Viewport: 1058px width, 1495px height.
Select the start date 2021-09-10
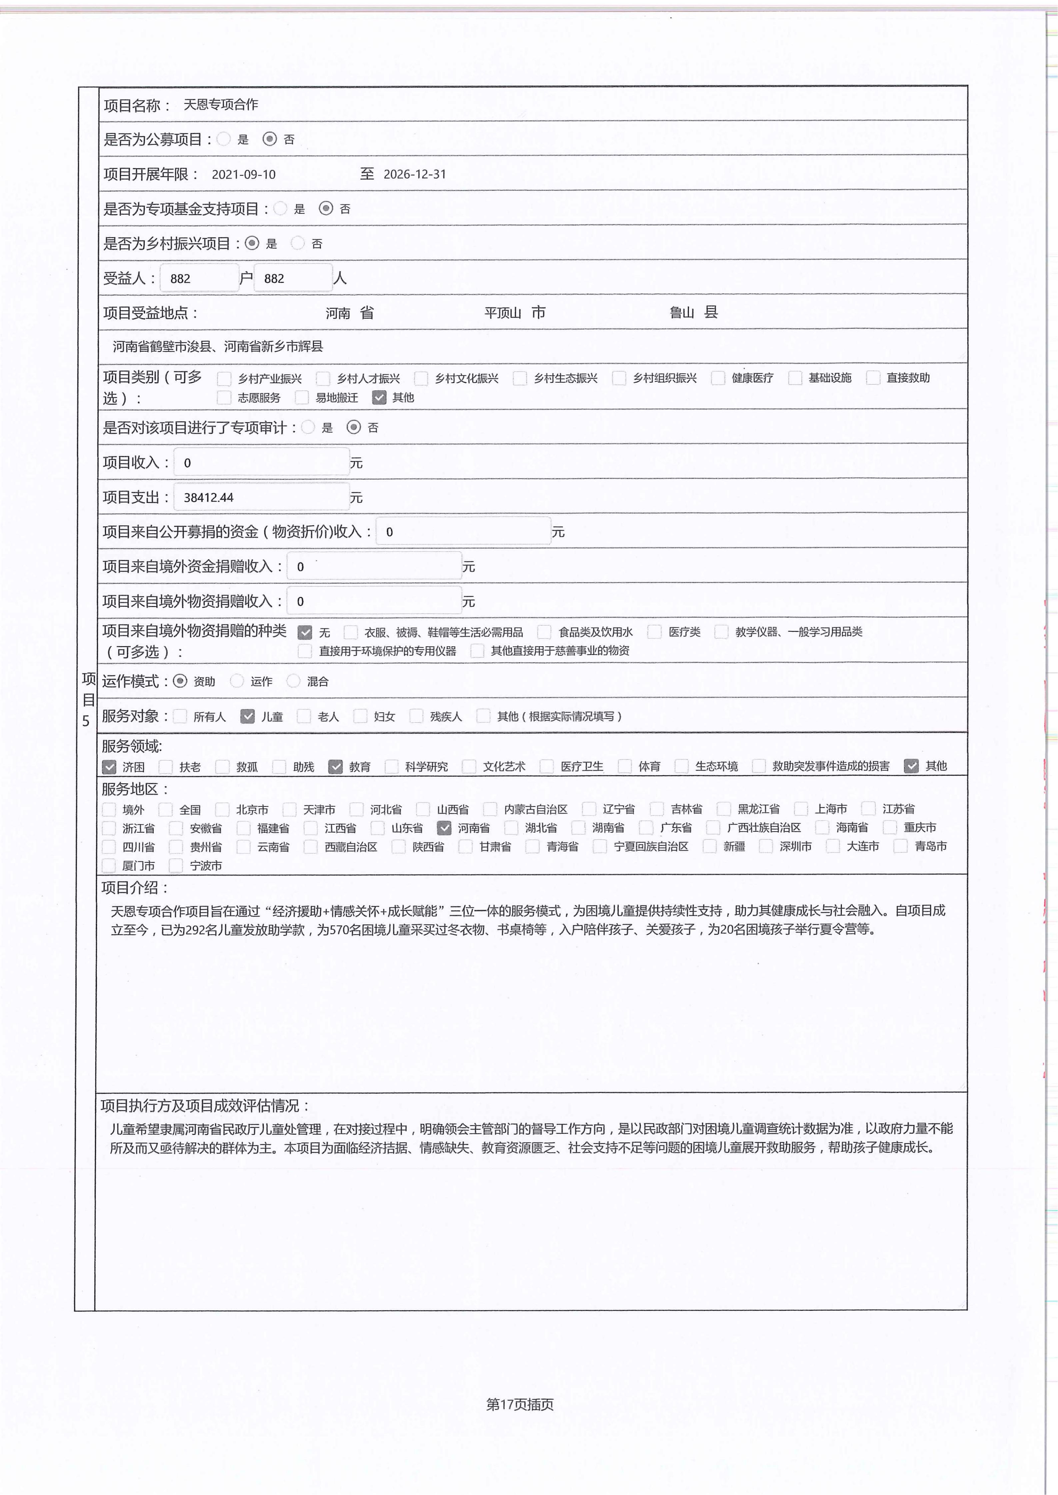click(x=244, y=174)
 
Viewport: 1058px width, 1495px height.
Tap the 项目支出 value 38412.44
click(x=209, y=497)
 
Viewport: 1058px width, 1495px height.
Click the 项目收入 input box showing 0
click(x=261, y=463)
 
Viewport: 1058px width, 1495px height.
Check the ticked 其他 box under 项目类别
click(x=379, y=397)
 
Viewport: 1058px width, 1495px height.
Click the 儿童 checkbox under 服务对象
click(x=248, y=716)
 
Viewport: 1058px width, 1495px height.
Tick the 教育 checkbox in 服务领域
click(x=336, y=766)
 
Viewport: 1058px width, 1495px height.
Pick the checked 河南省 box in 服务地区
click(x=444, y=828)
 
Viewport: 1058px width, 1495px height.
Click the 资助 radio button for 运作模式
click(x=181, y=681)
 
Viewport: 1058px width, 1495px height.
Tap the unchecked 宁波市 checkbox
click(x=176, y=865)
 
